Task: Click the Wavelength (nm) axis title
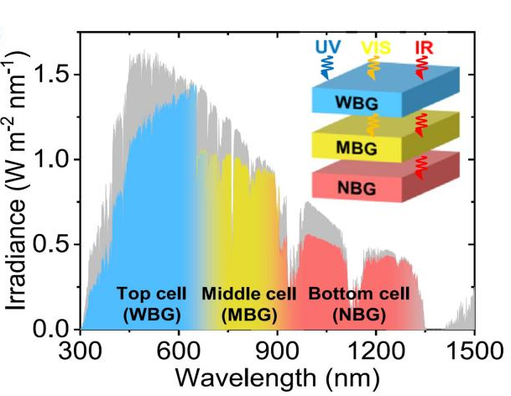coord(278,375)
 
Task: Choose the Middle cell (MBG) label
coord(248,305)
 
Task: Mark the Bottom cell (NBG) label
coord(359,305)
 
